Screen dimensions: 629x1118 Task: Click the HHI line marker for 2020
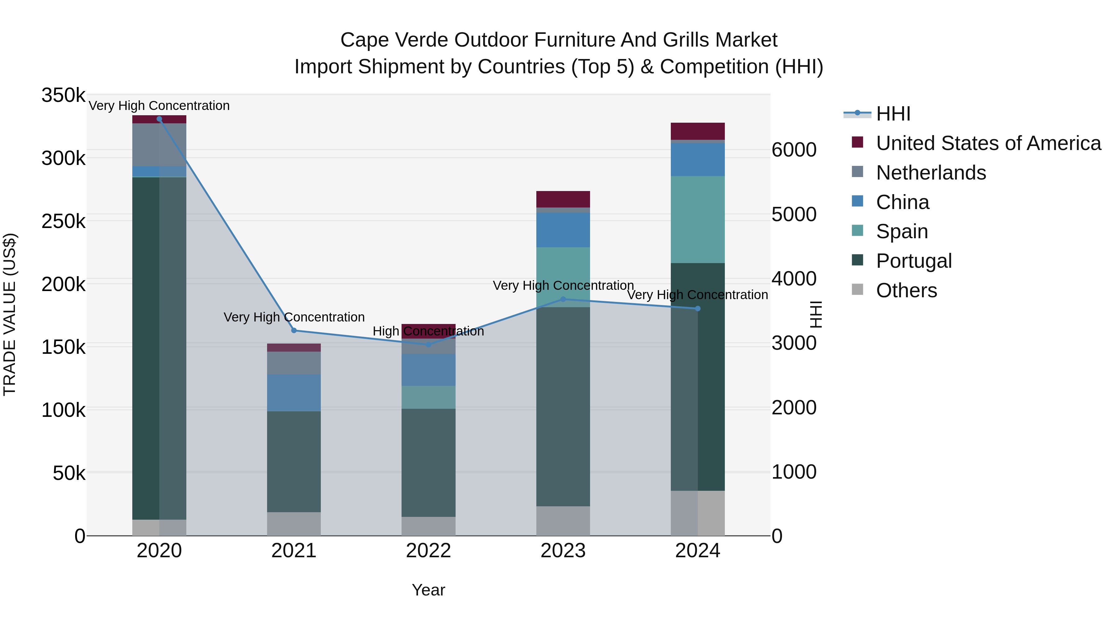coord(159,119)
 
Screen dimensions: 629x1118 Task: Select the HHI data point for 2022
coord(428,345)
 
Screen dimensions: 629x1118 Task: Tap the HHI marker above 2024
coord(698,309)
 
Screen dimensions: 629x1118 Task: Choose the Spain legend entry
coord(902,231)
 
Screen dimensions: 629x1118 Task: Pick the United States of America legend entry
coord(988,143)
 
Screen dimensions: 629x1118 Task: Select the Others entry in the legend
coord(906,290)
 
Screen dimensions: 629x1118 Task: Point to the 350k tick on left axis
coord(63,95)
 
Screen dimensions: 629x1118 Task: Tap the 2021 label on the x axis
coord(294,551)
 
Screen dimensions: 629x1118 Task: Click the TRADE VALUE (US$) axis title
coord(10,314)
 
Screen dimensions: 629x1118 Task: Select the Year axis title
coord(428,590)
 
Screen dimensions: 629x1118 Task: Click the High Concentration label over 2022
coord(428,331)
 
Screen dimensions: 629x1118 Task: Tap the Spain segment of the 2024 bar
coord(698,219)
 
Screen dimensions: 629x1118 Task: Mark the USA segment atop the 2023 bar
coord(563,199)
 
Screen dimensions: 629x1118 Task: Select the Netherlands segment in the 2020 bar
coord(159,144)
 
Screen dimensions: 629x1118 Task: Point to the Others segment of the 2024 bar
coord(698,513)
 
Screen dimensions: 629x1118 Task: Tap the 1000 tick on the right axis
coord(794,472)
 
